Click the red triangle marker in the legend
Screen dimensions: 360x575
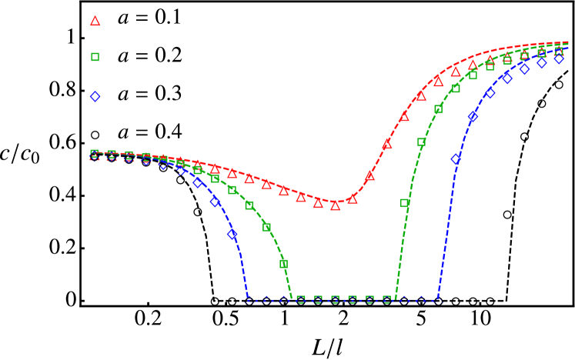pyautogui.click(x=95, y=22)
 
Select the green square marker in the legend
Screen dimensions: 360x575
pyautogui.click(x=95, y=57)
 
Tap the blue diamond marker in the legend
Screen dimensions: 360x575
pyautogui.click(x=95, y=97)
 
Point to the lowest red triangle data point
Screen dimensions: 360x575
pyautogui.click(x=336, y=205)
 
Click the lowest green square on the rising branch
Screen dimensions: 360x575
pyautogui.click(x=405, y=203)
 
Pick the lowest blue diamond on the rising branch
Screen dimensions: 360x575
pyautogui.click(x=456, y=159)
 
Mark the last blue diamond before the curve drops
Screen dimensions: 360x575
pyautogui.click(x=232, y=235)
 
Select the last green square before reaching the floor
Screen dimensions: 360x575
pyautogui.click(x=284, y=264)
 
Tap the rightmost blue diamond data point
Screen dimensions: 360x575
pyautogui.click(x=560, y=58)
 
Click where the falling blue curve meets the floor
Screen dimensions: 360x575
pyautogui.click(x=248, y=300)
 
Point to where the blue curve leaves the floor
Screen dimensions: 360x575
pyautogui.click(x=438, y=300)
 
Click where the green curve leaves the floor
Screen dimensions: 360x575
pyautogui.click(x=396, y=300)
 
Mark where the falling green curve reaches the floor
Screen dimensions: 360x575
pyautogui.click(x=292, y=300)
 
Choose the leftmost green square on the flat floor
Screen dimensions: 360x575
pyautogui.click(x=301, y=300)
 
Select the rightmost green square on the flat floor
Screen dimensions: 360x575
pyautogui.click(x=387, y=300)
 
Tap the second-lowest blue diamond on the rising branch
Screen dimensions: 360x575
pyautogui.click(x=473, y=117)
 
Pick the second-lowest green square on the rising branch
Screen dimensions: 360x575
pyautogui.click(x=422, y=142)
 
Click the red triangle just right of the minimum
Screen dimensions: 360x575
pyautogui.click(x=353, y=199)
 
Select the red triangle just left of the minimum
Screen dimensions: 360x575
pyautogui.click(x=318, y=204)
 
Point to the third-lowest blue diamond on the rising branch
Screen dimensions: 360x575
pyautogui.click(x=490, y=93)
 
